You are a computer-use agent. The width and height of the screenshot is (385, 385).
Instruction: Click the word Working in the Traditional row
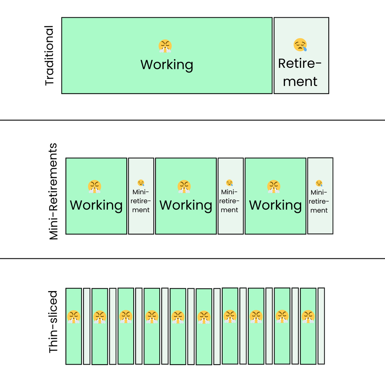[x=166, y=64]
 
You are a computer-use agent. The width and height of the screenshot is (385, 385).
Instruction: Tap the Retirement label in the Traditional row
[x=300, y=72]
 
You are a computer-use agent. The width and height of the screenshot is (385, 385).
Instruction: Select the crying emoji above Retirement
[x=301, y=45]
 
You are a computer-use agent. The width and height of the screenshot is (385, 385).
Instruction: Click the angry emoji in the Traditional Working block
[x=165, y=46]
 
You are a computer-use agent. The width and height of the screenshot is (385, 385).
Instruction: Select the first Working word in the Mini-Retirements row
[x=96, y=205]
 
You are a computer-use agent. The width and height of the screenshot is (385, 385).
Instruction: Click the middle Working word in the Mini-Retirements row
[x=186, y=205]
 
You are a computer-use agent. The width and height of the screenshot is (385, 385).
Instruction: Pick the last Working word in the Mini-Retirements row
[x=276, y=205]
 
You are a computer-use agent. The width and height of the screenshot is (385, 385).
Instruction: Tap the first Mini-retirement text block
[x=141, y=201]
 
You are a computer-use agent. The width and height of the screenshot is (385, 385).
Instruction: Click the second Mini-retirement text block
[x=230, y=201]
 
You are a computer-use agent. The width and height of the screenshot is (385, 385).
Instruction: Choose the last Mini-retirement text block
[x=319, y=201]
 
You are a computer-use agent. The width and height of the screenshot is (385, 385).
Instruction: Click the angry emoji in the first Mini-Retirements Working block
[x=95, y=186]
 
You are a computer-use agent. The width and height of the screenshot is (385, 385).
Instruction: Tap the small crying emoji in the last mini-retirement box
[x=319, y=183]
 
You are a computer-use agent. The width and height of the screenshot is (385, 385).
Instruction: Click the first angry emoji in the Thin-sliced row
[x=73, y=316]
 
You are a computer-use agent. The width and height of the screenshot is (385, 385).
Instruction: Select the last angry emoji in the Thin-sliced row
[x=308, y=316]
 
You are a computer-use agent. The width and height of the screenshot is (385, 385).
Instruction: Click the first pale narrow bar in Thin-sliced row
[x=87, y=326]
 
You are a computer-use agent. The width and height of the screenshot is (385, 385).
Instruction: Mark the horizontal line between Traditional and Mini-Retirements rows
[x=192, y=120]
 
